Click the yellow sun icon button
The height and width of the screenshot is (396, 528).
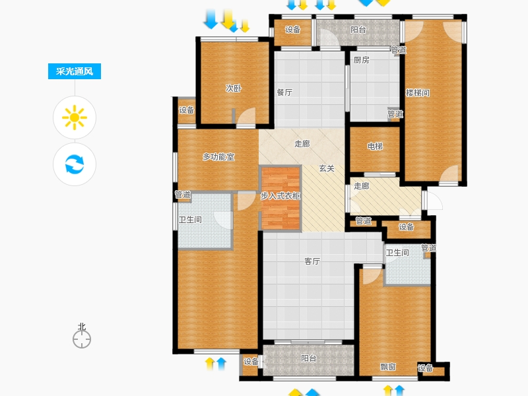(75, 117)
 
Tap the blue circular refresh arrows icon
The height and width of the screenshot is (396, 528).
(75, 164)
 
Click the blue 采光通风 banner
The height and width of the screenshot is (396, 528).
(75, 71)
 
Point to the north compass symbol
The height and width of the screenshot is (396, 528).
(82, 339)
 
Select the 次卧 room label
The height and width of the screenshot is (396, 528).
(234, 88)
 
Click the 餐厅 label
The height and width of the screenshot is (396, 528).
(284, 92)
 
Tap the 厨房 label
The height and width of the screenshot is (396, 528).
(361, 60)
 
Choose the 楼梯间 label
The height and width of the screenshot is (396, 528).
(418, 93)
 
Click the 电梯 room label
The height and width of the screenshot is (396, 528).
(375, 147)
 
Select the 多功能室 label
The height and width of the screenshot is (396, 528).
(218, 157)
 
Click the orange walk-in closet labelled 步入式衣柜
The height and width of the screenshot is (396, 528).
(280, 199)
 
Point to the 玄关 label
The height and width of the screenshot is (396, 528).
(327, 168)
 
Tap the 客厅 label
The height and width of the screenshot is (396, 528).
(312, 261)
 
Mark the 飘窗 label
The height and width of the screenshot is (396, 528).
(388, 367)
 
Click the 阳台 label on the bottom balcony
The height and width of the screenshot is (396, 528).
(308, 358)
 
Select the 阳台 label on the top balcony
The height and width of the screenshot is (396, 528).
(358, 30)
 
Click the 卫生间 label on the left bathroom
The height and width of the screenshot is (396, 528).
(190, 220)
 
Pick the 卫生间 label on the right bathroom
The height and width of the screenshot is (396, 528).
(397, 253)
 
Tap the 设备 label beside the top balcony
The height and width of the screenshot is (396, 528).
(292, 30)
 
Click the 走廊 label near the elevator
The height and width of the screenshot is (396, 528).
(362, 186)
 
